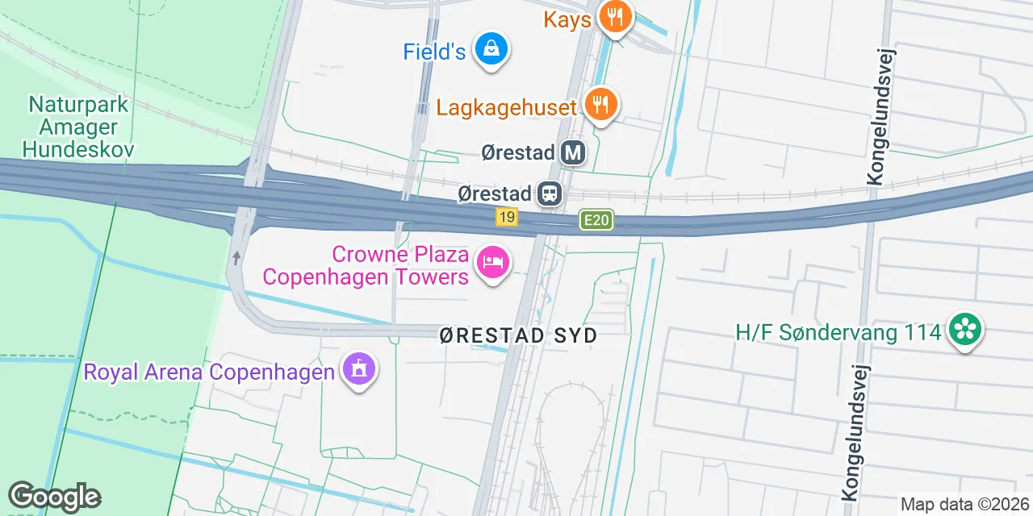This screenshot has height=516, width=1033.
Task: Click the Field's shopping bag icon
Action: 491,50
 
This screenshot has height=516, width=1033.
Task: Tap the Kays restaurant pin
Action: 615,16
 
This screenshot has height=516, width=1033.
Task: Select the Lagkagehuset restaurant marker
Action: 600,105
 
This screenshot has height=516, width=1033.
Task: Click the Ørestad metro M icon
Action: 573,152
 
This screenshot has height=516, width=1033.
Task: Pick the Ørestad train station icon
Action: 551,193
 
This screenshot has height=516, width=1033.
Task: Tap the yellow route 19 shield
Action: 507,217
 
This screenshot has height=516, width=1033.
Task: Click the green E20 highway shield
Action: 596,220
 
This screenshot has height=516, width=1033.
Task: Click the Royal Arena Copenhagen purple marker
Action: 359,369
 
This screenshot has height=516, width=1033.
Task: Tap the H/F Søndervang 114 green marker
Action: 964,330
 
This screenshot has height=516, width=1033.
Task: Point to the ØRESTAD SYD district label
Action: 518,336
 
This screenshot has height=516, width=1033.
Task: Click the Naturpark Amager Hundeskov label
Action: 78,127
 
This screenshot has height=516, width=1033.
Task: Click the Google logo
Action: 54,497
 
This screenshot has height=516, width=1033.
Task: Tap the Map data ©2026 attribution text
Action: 964,504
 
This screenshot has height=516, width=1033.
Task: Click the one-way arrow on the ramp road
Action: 236,258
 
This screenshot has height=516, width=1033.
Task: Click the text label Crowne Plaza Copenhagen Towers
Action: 366,266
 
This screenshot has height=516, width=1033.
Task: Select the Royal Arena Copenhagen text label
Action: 209,372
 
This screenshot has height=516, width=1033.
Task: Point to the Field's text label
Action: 434,52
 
